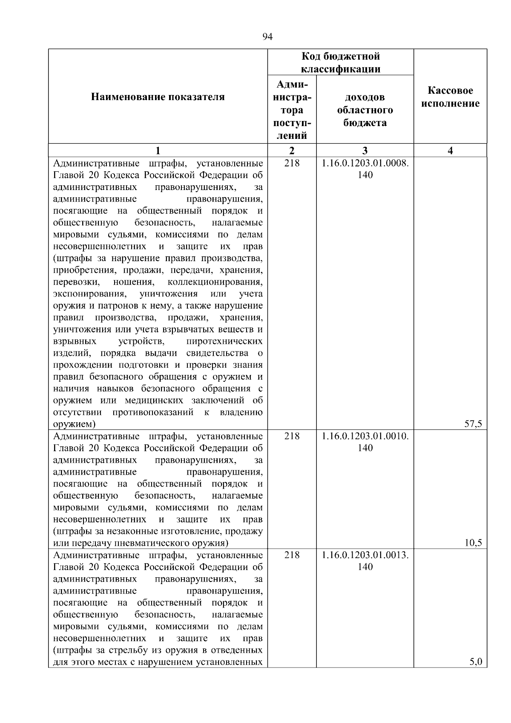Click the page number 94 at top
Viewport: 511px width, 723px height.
click(267, 37)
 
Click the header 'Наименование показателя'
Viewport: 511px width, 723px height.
click(158, 97)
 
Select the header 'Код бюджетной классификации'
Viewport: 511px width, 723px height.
click(340, 63)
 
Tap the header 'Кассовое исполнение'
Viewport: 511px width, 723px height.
click(450, 97)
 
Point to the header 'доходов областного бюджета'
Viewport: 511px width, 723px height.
click(365, 110)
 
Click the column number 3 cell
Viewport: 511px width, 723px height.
click(365, 150)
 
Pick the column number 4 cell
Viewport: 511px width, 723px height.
click(450, 150)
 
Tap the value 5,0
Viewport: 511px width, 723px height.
click(475, 662)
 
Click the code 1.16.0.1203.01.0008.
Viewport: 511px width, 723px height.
click(365, 163)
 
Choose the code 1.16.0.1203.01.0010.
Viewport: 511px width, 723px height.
click(365, 436)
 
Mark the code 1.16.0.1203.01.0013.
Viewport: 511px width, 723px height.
click(365, 555)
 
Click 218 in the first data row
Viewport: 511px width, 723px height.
click(292, 163)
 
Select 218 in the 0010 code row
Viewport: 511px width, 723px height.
click(292, 436)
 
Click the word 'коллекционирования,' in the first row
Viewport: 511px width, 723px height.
click(215, 282)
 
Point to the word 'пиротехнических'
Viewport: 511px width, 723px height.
click(224, 341)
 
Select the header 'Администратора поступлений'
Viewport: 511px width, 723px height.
click(292, 110)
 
